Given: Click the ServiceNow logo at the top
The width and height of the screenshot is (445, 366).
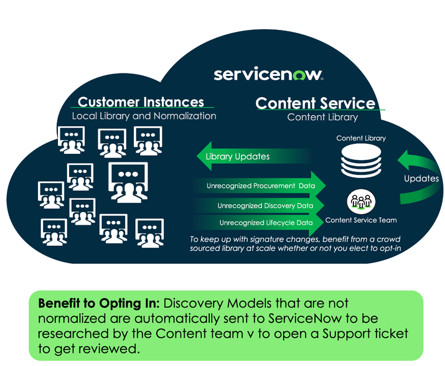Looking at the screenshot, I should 268,75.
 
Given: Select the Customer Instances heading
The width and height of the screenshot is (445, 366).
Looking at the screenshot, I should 141,102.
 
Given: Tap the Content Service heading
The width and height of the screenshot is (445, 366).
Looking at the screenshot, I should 316,103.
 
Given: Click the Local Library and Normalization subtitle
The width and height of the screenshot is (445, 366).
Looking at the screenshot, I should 144,116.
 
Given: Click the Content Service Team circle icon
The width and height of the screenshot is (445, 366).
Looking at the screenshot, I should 361,202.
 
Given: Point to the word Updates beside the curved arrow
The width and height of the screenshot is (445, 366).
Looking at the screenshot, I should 421,179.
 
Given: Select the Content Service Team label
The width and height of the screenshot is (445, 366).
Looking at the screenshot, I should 361,220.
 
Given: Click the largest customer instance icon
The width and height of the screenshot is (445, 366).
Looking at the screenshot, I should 128,181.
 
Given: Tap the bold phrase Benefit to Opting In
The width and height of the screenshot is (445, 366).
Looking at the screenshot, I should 97,304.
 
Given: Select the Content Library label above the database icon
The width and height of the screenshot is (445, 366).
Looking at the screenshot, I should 361,138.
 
